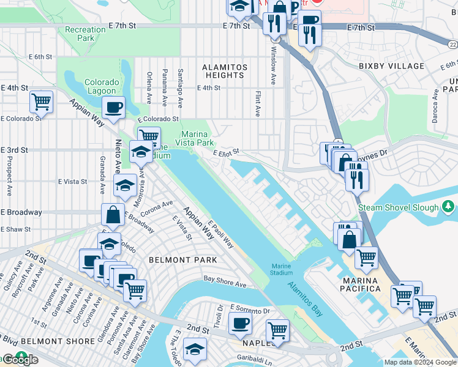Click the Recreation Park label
(x=85, y=34)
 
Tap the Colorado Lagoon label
(x=102, y=87)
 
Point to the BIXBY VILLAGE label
(x=391, y=66)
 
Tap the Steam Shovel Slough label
(x=399, y=208)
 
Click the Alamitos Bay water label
(x=305, y=290)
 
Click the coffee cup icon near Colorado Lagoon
(x=113, y=108)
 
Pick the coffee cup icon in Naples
(x=240, y=323)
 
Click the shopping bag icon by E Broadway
(x=113, y=215)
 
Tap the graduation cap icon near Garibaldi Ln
(x=195, y=349)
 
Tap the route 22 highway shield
(x=452, y=45)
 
